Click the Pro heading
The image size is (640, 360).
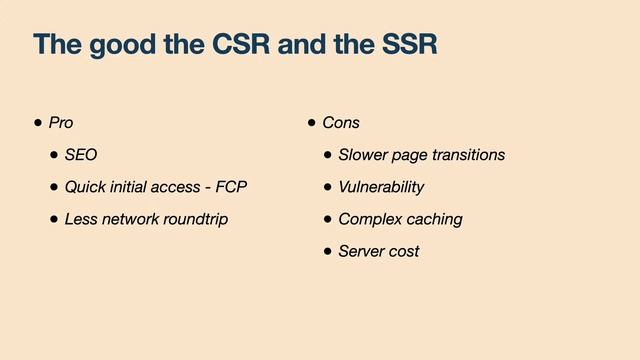pos(61,123)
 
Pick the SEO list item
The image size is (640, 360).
pos(81,155)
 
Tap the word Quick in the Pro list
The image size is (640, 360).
pos(85,187)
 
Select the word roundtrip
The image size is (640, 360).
pos(193,219)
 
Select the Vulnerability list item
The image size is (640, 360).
pos(381,187)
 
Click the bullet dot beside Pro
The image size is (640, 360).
pos(38,123)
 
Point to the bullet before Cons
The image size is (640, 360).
pos(312,123)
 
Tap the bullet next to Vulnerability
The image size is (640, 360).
pos(327,187)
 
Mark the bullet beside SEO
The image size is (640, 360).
pos(53,155)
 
